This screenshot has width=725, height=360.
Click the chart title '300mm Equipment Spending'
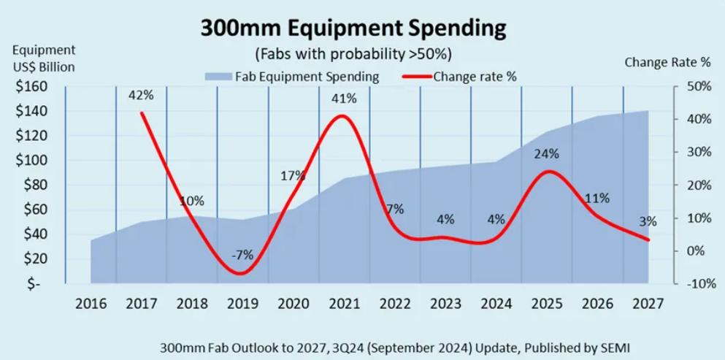353,28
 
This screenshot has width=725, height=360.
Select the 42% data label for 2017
141,95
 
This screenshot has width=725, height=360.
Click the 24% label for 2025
546,154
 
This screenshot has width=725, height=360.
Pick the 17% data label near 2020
293,176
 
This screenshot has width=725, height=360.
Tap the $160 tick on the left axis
32,87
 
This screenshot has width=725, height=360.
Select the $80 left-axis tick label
35,185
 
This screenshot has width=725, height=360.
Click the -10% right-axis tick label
697,283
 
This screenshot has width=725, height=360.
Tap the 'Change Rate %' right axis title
667,63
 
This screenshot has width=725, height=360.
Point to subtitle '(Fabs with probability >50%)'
353,55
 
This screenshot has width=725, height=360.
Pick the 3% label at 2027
648,221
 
